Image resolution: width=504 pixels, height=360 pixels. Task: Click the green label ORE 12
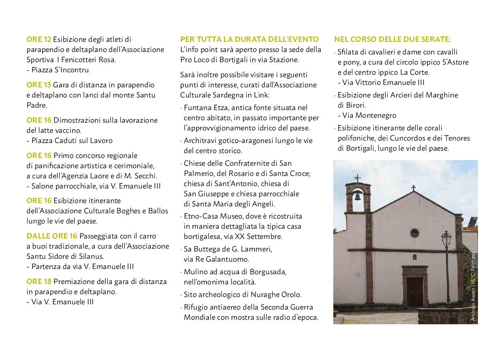pos(39,39)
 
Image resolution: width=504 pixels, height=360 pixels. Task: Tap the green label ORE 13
pos(39,85)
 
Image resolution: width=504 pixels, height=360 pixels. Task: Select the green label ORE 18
pos(39,282)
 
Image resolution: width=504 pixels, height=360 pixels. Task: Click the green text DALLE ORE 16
pos(52,236)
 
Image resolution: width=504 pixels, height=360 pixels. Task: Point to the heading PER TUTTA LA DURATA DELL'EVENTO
pos(249,39)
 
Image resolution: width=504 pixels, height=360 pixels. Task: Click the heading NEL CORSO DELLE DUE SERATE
pos(392,39)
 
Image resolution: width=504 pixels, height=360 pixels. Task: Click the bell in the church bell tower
pos(357,197)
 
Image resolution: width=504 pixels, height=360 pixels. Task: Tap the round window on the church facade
pos(414,233)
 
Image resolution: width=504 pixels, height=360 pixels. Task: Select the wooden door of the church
pos(415,291)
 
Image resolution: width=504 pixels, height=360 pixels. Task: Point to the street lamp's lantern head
pos(446,237)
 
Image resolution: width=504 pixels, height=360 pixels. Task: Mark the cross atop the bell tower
pos(357,178)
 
